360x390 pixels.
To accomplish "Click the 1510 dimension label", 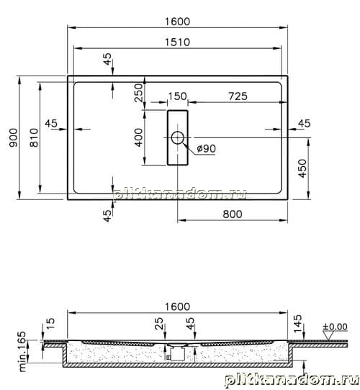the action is [178, 42].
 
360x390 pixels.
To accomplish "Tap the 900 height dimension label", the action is [14, 137].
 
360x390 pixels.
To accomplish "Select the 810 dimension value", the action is [34, 137].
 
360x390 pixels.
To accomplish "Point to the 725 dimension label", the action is [238, 96].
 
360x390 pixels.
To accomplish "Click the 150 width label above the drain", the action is [178, 96].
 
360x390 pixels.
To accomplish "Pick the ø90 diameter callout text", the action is [206, 149].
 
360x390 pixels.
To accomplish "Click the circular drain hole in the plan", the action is [178, 137].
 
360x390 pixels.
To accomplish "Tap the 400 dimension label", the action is [138, 137].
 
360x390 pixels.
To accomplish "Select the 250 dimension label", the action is [138, 93].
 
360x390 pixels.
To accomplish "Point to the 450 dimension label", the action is [302, 168].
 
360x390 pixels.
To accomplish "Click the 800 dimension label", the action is [233, 214].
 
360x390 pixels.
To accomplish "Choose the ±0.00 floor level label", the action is [335, 327].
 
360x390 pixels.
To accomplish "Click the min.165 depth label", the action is [22, 351].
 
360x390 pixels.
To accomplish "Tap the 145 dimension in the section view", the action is [297, 323].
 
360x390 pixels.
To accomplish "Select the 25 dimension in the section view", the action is [159, 323].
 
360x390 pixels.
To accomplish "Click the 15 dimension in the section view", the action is [50, 323].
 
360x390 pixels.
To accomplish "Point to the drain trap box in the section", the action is [177, 353].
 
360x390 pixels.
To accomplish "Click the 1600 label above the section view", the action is [178, 307].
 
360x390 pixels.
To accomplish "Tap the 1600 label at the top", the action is [178, 22].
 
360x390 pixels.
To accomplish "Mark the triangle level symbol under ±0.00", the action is [328, 336].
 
